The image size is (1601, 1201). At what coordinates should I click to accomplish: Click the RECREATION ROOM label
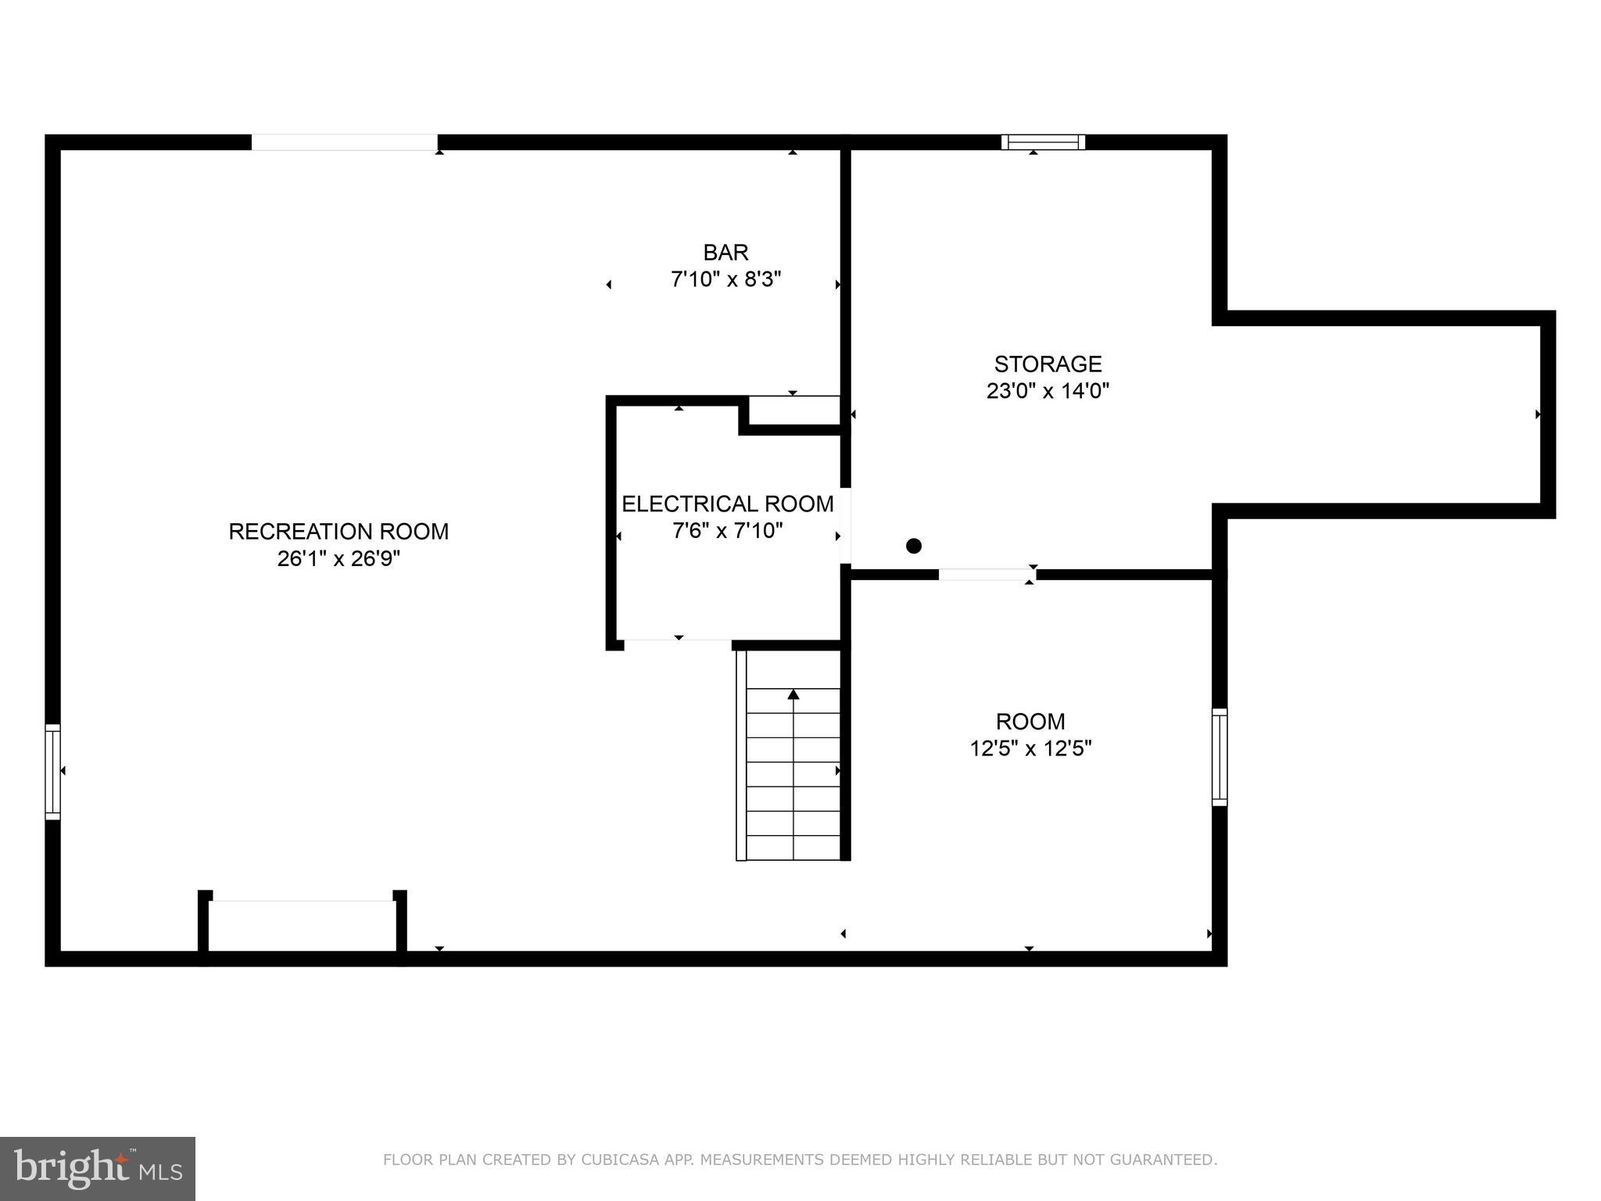(338, 532)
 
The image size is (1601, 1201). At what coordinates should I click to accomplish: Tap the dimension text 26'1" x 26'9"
(338, 559)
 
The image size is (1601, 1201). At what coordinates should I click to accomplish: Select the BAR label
(725, 253)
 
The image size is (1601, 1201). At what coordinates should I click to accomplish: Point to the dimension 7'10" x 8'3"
(725, 279)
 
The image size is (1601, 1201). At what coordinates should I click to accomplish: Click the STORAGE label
(1048, 364)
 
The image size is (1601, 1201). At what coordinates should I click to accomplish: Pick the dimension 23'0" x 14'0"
(1048, 390)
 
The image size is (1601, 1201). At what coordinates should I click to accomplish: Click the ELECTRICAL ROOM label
(727, 504)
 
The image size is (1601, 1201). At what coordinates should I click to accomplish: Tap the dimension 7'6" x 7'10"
(727, 531)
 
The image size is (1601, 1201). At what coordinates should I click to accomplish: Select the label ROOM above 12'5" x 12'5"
(1030, 721)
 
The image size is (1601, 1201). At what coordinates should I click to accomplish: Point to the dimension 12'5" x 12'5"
(1030, 748)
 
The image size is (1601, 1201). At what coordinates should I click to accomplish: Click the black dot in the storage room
(913, 546)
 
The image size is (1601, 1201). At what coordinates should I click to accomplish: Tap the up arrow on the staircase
(793, 694)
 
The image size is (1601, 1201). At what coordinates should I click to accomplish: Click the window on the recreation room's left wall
(52, 771)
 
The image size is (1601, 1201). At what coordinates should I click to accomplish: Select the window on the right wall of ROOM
(1220, 756)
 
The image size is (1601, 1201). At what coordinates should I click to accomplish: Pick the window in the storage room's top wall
(1043, 142)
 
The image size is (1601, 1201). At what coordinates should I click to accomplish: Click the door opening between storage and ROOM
(987, 575)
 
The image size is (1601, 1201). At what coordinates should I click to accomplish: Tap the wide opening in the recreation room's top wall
(344, 142)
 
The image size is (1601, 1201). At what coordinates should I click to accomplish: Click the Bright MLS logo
(98, 1168)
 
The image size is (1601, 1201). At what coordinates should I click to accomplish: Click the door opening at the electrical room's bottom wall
(677, 644)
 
